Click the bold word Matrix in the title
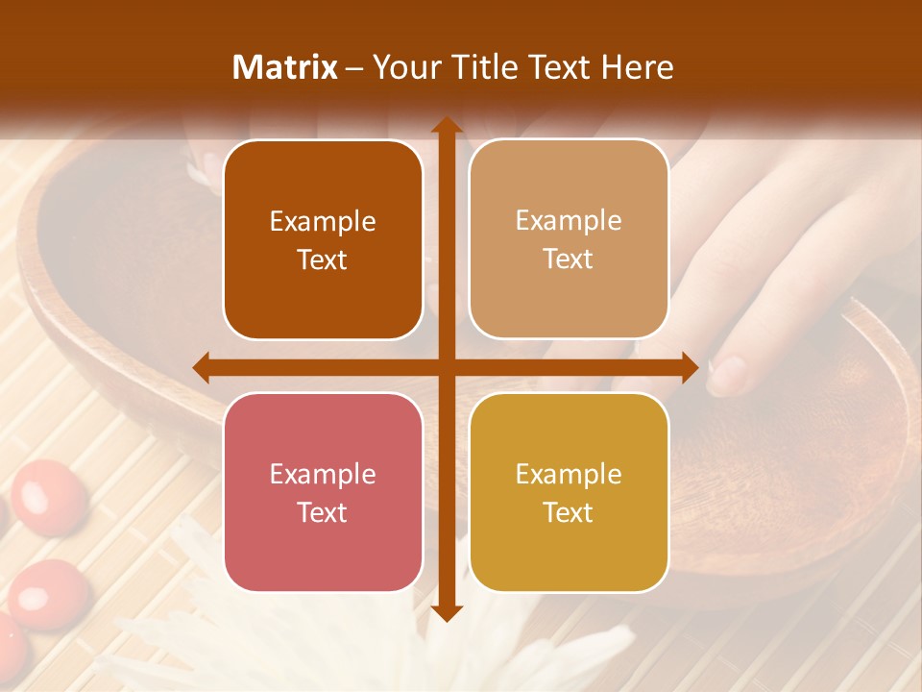[285, 67]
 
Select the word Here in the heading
[638, 67]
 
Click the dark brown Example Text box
[323, 240]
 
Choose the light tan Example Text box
[569, 239]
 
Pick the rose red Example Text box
[323, 492]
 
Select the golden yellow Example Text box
[569, 492]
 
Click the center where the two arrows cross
[446, 367]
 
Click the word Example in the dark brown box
[323, 222]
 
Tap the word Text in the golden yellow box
[569, 512]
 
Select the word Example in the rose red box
[323, 475]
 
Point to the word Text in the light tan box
[569, 259]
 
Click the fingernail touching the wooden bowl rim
[728, 375]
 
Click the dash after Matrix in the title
[354, 68]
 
